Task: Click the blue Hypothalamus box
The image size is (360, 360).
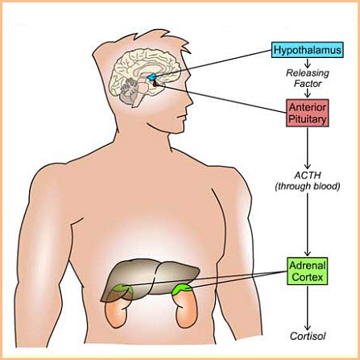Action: pyautogui.click(x=308, y=50)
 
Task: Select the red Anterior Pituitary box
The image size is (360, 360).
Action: pyautogui.click(x=308, y=113)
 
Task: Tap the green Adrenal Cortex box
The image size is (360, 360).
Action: pyautogui.click(x=308, y=271)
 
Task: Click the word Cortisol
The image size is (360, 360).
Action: pyautogui.click(x=308, y=336)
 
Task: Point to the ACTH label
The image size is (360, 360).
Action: pyautogui.click(x=308, y=176)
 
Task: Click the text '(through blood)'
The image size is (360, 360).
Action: pyautogui.click(x=308, y=186)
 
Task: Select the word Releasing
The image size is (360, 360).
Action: pyautogui.click(x=308, y=73)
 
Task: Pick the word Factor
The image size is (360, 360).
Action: pyautogui.click(x=308, y=84)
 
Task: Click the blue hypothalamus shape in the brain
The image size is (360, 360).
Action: pyautogui.click(x=151, y=77)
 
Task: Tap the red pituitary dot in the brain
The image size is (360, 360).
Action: pyautogui.click(x=155, y=85)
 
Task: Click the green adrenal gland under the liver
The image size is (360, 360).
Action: pyautogui.click(x=123, y=291)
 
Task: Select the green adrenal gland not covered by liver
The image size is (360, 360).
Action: pyautogui.click(x=182, y=289)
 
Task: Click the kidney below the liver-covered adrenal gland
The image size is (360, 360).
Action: pyautogui.click(x=118, y=312)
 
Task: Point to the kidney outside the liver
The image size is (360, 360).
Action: pyautogui.click(x=187, y=308)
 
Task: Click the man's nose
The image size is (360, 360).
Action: pyautogui.click(x=190, y=99)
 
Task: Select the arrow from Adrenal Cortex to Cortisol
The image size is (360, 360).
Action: pyautogui.click(x=308, y=308)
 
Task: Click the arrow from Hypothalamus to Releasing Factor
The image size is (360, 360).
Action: pyautogui.click(x=308, y=63)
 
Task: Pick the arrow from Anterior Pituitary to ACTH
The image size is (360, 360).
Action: pyautogui.click(x=308, y=148)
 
